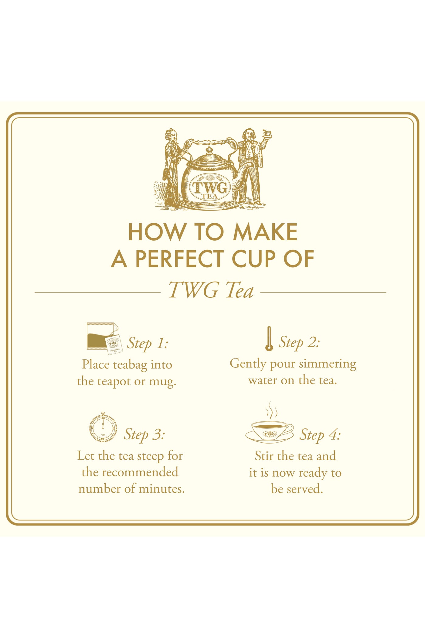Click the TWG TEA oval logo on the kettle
210,187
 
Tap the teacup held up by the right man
267,133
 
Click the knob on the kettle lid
209,150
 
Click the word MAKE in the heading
265,232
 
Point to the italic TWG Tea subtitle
211,290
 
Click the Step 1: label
148,343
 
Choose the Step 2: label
299,342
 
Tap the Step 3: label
144,434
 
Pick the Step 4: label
320,434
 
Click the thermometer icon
269,339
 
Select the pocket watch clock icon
103,427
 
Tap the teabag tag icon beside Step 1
114,345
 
